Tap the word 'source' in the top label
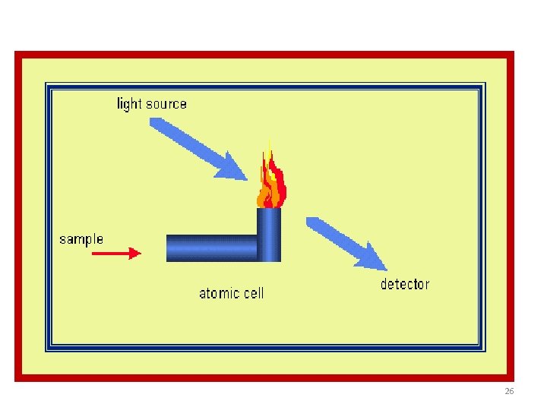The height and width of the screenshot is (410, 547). pyautogui.click(x=164, y=104)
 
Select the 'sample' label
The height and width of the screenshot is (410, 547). pyautogui.click(x=81, y=239)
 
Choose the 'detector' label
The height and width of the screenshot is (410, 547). pyautogui.click(x=404, y=285)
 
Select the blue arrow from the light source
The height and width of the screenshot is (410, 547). pyautogui.click(x=198, y=149)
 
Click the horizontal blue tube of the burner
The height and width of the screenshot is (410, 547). pyautogui.click(x=212, y=248)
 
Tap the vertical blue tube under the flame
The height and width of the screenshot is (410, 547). pyautogui.click(x=269, y=234)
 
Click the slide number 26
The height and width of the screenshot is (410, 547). pyautogui.click(x=509, y=392)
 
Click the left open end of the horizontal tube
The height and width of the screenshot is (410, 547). pyautogui.click(x=169, y=248)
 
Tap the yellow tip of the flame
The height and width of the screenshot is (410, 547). pyautogui.click(x=268, y=149)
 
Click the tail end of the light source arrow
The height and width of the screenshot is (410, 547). pyautogui.click(x=155, y=123)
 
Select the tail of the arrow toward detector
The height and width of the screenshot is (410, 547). pyautogui.click(x=311, y=222)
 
